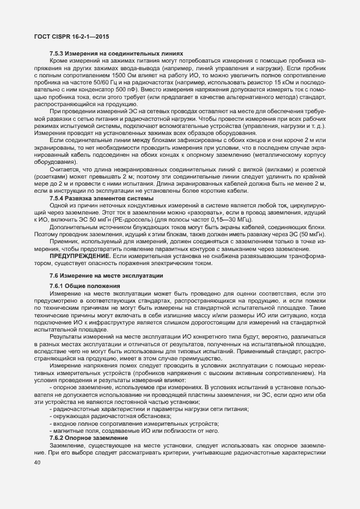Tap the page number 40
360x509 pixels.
pos(38,463)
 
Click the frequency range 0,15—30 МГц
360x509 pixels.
pos(226,218)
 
